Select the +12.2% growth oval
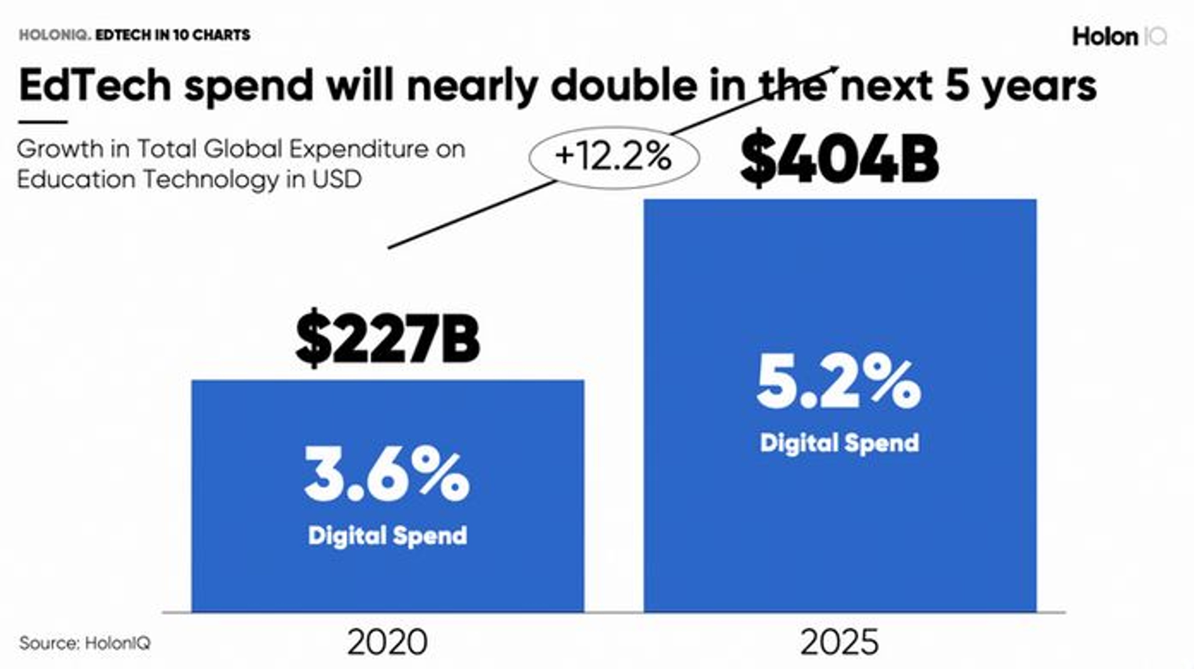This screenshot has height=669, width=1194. click(614, 158)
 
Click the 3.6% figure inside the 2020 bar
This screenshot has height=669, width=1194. click(387, 477)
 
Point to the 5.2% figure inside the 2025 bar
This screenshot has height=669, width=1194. click(839, 386)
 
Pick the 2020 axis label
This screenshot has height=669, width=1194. click(387, 642)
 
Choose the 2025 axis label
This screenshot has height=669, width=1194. click(840, 642)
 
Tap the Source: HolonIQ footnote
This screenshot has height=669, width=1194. click(85, 643)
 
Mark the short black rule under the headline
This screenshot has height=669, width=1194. click(43, 122)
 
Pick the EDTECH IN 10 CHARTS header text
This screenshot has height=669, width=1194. click(173, 35)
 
